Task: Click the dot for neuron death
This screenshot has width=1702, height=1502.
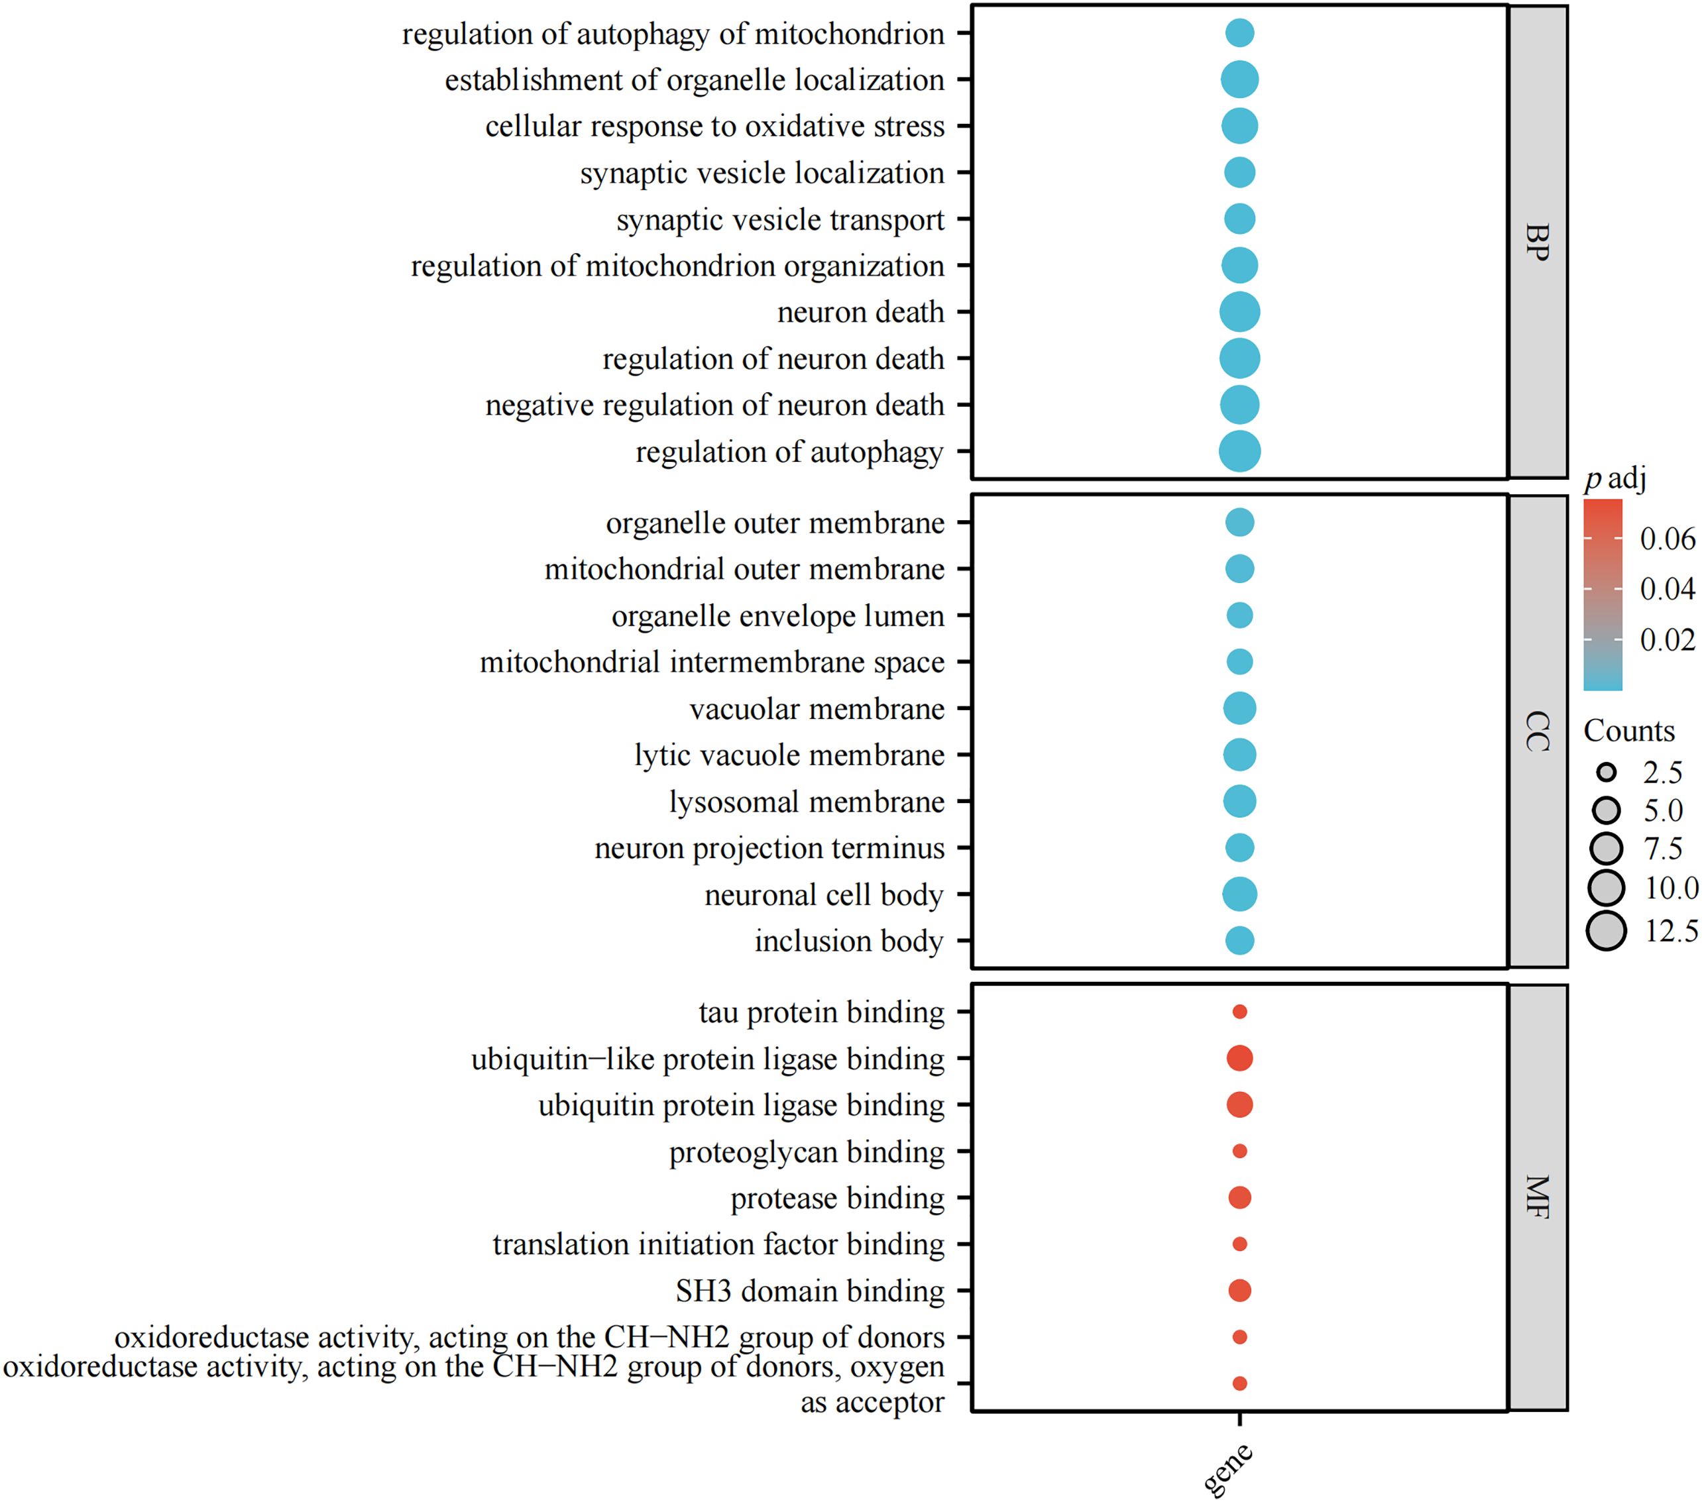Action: tap(1239, 312)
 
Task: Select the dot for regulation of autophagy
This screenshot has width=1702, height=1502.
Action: tap(1239, 452)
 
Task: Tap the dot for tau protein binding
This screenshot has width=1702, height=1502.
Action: tap(1239, 1012)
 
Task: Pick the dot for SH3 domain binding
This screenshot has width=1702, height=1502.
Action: tap(1239, 1291)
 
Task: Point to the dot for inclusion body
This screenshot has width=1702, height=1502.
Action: tap(1239, 941)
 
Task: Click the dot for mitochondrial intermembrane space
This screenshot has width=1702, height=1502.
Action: tap(1239, 662)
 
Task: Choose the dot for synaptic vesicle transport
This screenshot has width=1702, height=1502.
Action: tap(1239, 219)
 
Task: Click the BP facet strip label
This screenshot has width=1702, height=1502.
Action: tap(1538, 242)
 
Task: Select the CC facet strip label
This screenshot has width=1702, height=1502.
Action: tap(1538, 732)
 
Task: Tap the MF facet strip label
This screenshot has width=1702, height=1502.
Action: tap(1538, 1197)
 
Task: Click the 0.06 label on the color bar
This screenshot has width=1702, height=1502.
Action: tap(1667, 539)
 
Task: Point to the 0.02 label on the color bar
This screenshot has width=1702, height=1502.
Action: tap(1667, 639)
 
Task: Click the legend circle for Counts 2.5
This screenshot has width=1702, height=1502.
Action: tap(1607, 773)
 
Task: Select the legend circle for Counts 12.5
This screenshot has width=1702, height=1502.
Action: tap(1607, 931)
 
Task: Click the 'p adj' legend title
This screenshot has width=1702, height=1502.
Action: tap(1615, 479)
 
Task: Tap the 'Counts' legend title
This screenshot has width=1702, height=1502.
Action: tap(1628, 731)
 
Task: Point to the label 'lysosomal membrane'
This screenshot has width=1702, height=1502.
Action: tap(806, 802)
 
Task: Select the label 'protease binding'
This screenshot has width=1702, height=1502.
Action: tap(837, 1198)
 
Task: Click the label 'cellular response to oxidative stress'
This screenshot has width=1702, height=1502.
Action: tap(714, 127)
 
